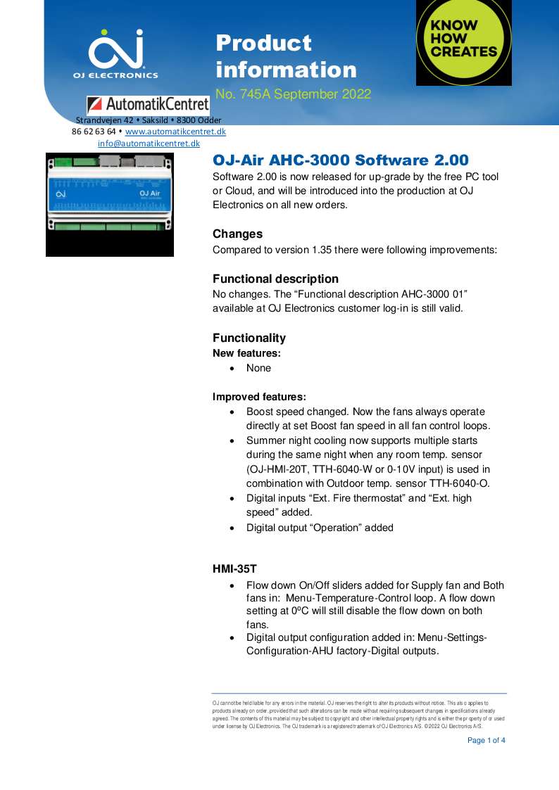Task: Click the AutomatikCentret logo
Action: pos(148,105)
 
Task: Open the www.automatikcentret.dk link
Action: pos(175,132)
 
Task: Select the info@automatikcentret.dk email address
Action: pos(149,143)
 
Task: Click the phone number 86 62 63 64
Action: pos(94,132)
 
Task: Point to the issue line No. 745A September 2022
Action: pos(293,94)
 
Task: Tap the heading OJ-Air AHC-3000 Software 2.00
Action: pos(341,160)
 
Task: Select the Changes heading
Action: pos(237,234)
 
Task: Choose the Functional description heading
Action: pos(275,279)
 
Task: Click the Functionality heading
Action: pos(249,338)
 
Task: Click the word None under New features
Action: pos(258,368)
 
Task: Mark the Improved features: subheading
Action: pos(259,397)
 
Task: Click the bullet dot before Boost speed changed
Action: pos(232,412)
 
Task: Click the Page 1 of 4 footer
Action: pos(486,740)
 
